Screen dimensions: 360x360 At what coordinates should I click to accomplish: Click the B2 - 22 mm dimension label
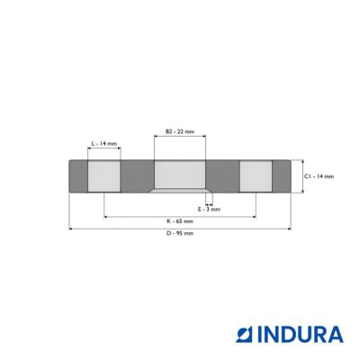(x=180, y=131)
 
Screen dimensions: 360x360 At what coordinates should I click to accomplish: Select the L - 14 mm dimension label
(x=104, y=144)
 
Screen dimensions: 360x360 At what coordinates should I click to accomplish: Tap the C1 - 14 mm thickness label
(x=319, y=176)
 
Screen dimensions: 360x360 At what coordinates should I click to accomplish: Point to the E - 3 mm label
(x=209, y=209)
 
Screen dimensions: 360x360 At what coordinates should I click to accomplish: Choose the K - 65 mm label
(x=180, y=221)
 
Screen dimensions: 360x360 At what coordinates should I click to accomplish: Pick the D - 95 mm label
(x=180, y=233)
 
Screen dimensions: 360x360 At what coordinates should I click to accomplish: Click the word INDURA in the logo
(x=300, y=335)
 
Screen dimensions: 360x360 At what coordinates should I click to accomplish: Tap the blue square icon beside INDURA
(x=245, y=335)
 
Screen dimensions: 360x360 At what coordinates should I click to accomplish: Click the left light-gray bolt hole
(x=104, y=176)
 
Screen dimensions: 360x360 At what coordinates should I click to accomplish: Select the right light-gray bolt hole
(x=256, y=176)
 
